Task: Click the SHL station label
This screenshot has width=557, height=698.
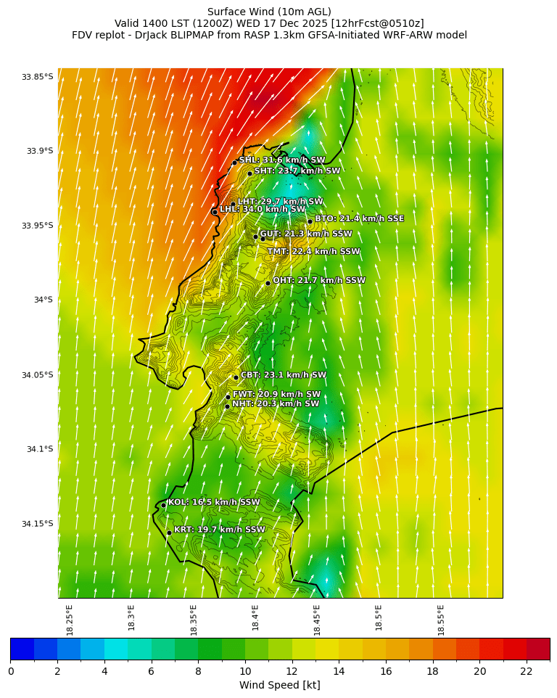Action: tap(282, 160)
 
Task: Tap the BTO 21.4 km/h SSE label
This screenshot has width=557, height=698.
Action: tap(359, 218)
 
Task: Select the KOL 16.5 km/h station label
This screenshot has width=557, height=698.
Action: tap(213, 502)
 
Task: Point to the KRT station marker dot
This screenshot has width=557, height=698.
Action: tap(169, 533)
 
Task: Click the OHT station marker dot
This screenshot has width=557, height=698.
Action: tap(268, 283)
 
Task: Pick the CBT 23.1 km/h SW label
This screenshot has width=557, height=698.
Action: tap(284, 375)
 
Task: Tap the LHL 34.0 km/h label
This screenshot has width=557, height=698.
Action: tap(263, 209)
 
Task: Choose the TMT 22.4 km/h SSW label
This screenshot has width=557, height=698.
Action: tap(313, 252)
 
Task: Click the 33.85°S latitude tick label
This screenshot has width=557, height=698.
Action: tap(37, 77)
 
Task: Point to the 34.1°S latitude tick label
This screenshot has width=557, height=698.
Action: tap(40, 449)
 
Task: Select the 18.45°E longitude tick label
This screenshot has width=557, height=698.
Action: tap(318, 620)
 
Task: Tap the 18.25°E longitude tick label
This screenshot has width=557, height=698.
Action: tap(70, 620)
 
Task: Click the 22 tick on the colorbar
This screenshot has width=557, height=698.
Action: tap(526, 671)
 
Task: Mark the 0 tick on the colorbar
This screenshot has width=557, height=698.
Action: tap(10, 671)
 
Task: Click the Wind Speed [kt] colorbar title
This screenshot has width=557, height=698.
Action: tap(279, 685)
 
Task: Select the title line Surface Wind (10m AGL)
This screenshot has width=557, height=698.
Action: tap(269, 12)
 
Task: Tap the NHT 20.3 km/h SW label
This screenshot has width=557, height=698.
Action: tap(276, 404)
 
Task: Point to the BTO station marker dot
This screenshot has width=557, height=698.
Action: tap(310, 221)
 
